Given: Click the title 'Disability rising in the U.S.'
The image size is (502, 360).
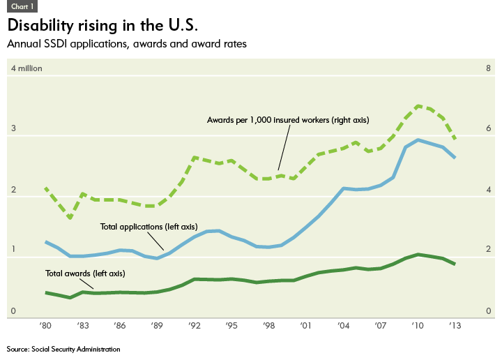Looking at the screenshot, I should [102, 26].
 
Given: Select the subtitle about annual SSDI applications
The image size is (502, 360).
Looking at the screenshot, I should [126, 44].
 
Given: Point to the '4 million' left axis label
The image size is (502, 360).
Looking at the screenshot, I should [26, 68].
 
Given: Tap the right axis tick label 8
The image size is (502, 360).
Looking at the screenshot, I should [488, 68].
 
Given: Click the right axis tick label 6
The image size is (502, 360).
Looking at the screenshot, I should [488, 129].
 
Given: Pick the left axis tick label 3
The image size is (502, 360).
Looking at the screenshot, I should [12, 129].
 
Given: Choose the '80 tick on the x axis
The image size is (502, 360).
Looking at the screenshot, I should [46, 326].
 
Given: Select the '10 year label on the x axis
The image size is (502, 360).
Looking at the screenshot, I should [418, 326].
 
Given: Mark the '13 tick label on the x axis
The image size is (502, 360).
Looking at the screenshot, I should [455, 326].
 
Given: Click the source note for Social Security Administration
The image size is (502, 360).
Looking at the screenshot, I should [63, 348].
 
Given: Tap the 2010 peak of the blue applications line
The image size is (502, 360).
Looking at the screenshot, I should [418, 140].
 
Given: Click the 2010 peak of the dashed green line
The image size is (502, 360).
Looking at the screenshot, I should [418, 105].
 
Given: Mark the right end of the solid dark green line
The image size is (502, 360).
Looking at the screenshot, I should [455, 264].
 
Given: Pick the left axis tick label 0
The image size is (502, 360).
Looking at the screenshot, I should [12, 311].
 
